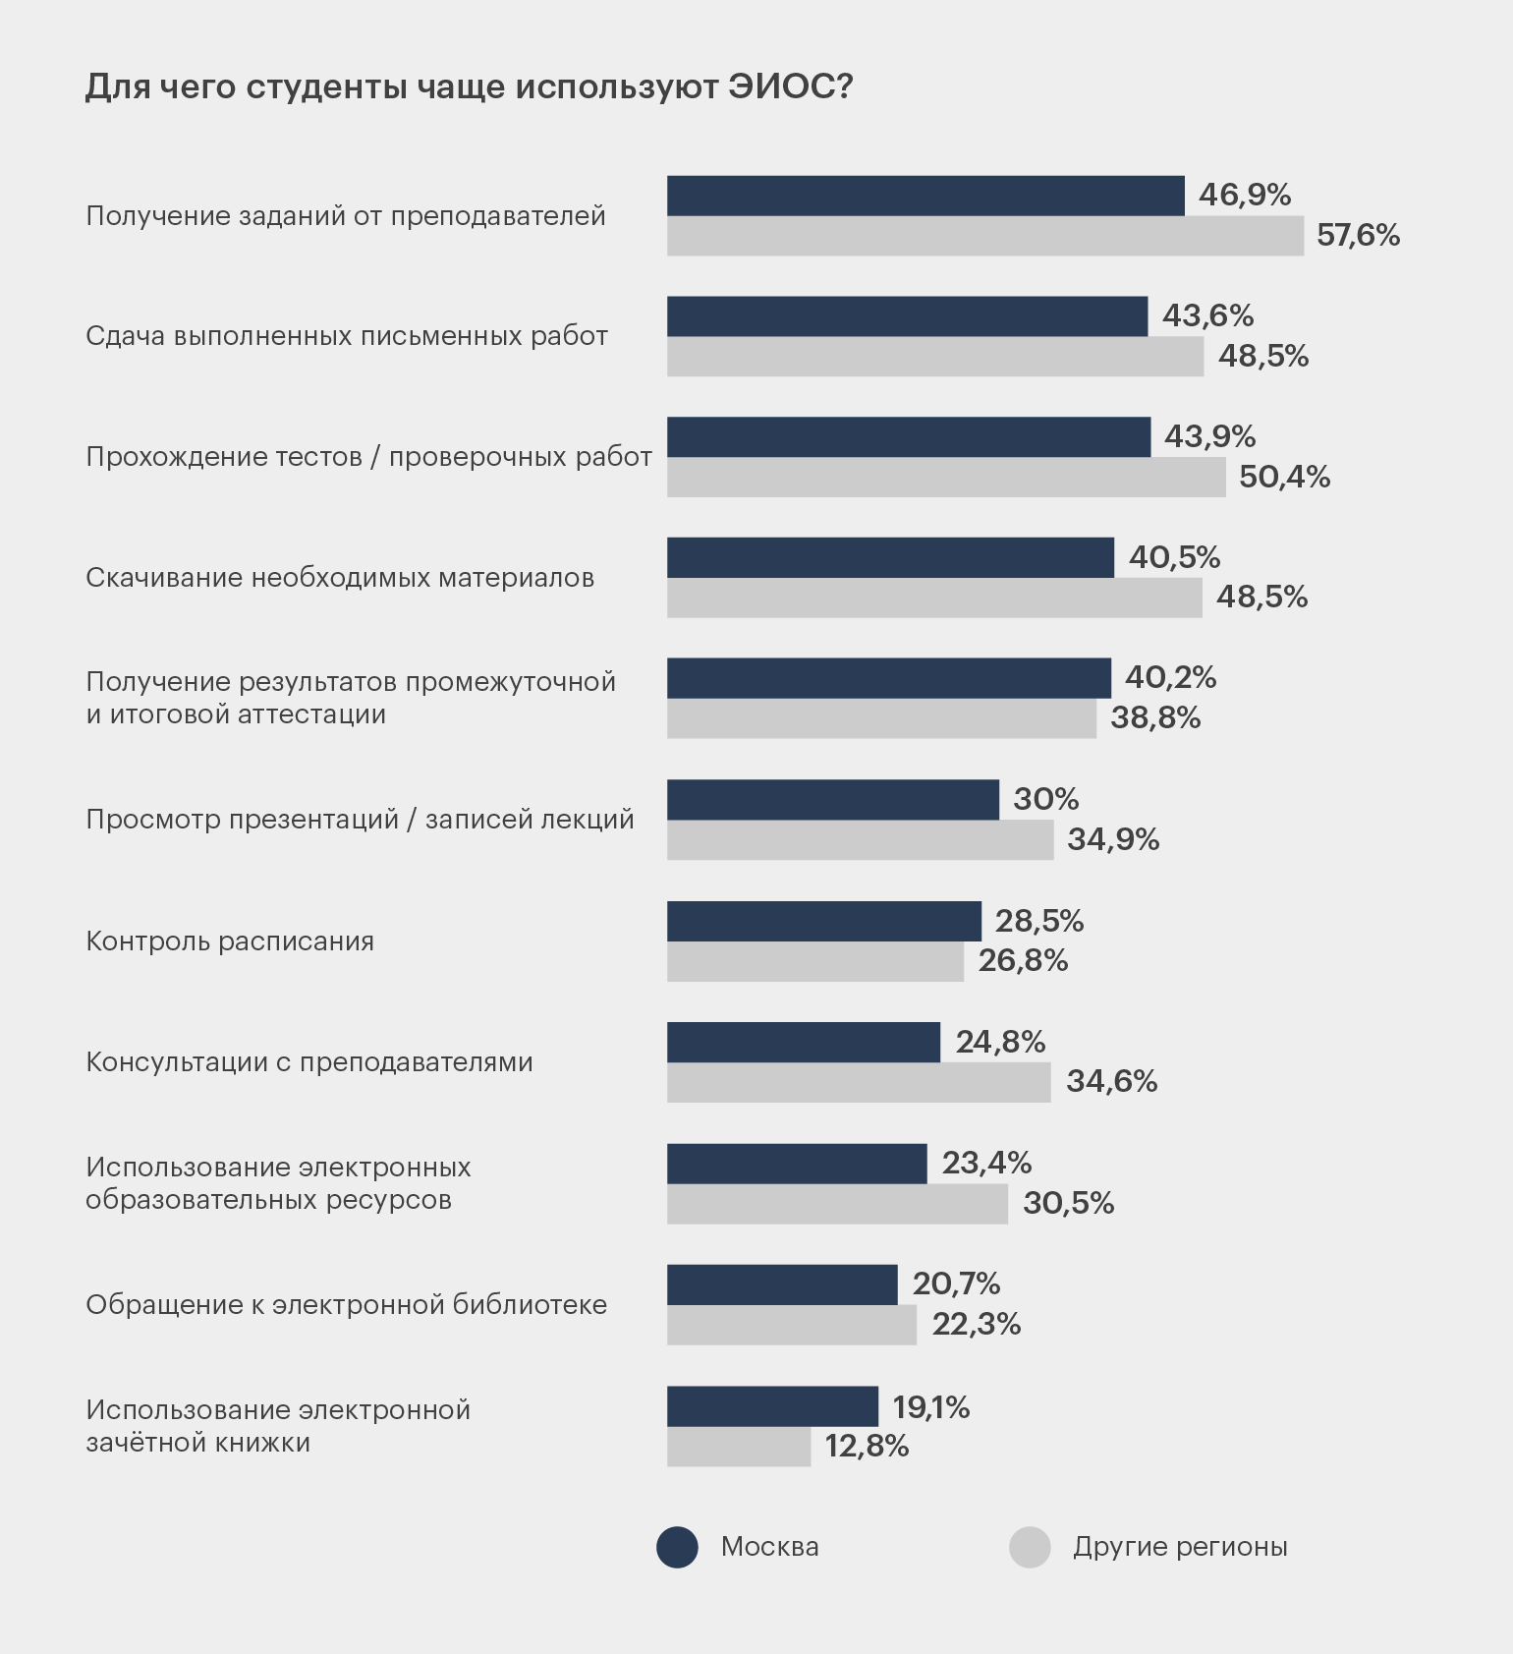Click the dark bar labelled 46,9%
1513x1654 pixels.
[x=925, y=196]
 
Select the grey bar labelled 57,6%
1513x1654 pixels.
[x=985, y=236]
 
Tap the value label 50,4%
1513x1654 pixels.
[x=1284, y=478]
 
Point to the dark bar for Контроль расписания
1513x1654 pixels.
[x=823, y=921]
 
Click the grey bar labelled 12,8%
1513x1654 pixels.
[x=739, y=1447]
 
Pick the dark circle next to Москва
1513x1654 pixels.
[x=677, y=1547]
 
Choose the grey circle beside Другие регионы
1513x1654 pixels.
[x=1030, y=1547]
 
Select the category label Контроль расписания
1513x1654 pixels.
[x=230, y=941]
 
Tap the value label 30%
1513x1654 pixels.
[x=1045, y=799]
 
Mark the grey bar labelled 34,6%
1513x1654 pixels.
[x=859, y=1082]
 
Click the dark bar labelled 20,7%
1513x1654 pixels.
[x=782, y=1284]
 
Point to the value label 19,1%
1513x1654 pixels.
[x=930, y=1407]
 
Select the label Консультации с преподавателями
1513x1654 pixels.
[x=309, y=1062]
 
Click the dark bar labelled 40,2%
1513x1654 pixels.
[x=888, y=678]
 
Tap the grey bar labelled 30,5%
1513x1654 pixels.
[x=837, y=1204]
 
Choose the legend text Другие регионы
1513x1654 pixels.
[x=1180, y=1547]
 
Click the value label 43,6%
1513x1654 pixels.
[x=1207, y=315]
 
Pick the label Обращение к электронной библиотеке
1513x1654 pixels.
[x=346, y=1305]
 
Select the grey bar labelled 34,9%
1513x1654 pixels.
[x=860, y=840]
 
